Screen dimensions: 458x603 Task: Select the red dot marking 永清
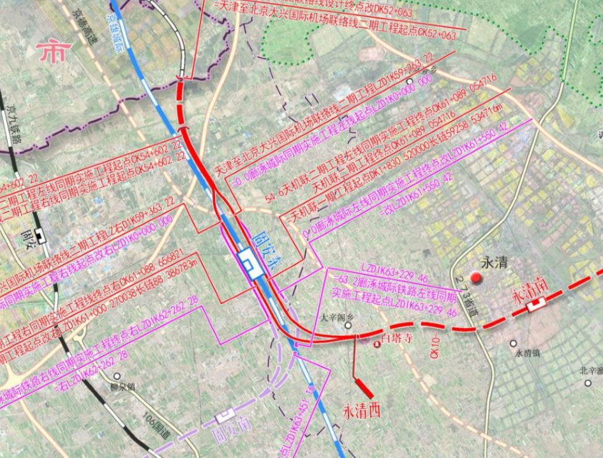475,277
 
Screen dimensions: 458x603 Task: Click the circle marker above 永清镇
513,344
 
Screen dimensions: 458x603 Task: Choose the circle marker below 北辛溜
588,383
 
